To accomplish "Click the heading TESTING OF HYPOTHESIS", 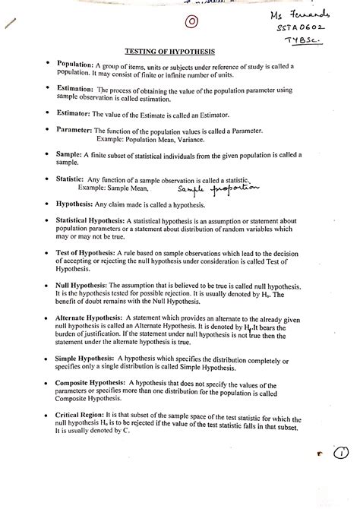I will coord(180,52).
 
